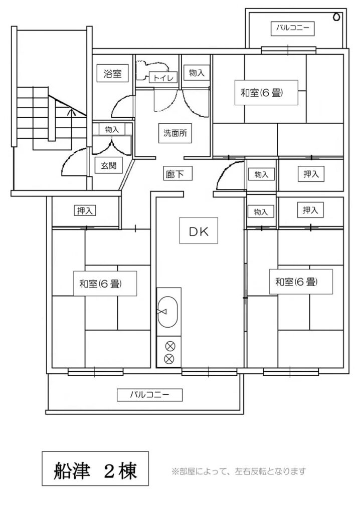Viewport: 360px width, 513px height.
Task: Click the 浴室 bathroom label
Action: click(x=112, y=74)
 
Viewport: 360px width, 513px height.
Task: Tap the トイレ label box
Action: click(x=163, y=78)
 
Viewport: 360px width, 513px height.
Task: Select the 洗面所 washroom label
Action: click(x=175, y=133)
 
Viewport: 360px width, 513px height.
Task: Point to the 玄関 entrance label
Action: click(x=108, y=165)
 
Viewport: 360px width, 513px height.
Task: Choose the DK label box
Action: click(x=199, y=231)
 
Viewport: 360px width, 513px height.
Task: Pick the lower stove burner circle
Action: click(x=168, y=359)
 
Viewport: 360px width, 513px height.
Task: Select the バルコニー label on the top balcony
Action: click(x=292, y=28)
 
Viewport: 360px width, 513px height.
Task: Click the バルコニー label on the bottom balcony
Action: click(x=150, y=395)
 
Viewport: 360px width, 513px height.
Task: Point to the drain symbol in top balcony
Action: click(x=336, y=17)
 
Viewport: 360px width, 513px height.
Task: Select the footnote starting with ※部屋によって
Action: click(x=239, y=471)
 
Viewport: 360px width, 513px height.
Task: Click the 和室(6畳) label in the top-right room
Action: click(x=266, y=93)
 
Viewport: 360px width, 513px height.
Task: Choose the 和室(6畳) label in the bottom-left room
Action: click(x=105, y=284)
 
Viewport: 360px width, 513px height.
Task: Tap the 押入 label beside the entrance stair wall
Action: click(x=85, y=211)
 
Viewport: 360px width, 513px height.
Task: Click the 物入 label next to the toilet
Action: click(x=197, y=73)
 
